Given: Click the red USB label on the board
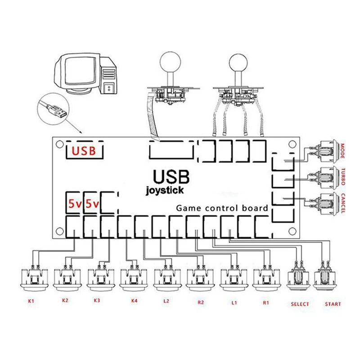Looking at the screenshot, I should click(x=83, y=151).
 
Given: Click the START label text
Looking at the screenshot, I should click(x=333, y=304).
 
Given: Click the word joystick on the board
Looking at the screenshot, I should click(x=165, y=190).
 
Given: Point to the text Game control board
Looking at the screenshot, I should click(x=222, y=208).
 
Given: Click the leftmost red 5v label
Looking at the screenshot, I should click(x=74, y=204).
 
